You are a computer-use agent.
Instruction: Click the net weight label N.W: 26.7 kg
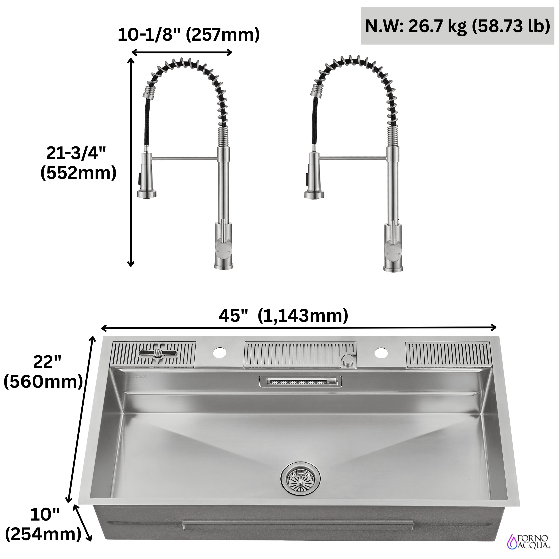coord(457,26)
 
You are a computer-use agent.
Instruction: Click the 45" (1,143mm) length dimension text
coord(283,316)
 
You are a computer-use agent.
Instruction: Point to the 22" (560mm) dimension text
coord(43,372)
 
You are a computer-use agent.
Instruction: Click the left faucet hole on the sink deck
coord(220,352)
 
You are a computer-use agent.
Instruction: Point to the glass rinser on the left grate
coord(157,353)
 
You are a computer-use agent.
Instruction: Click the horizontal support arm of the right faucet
coord(353,158)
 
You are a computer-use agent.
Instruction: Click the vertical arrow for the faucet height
coord(131,162)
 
